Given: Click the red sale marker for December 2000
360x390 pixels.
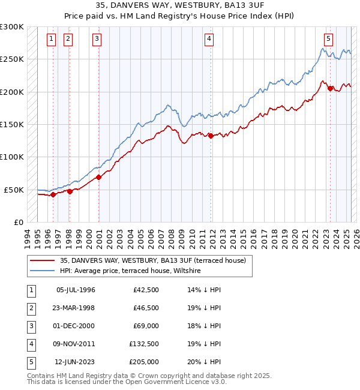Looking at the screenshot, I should click(x=98, y=176).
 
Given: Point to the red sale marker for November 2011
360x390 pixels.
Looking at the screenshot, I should click(x=211, y=136).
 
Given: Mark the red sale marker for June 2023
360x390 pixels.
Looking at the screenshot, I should click(x=330, y=88).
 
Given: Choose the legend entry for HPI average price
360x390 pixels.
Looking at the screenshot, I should click(x=130, y=271).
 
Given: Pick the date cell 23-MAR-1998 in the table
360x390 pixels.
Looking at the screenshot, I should click(x=76, y=308).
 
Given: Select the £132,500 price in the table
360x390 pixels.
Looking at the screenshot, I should click(x=144, y=344).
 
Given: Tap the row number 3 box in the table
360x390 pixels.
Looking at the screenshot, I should click(x=30, y=326).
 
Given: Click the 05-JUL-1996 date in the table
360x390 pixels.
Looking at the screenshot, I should click(x=76, y=290).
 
